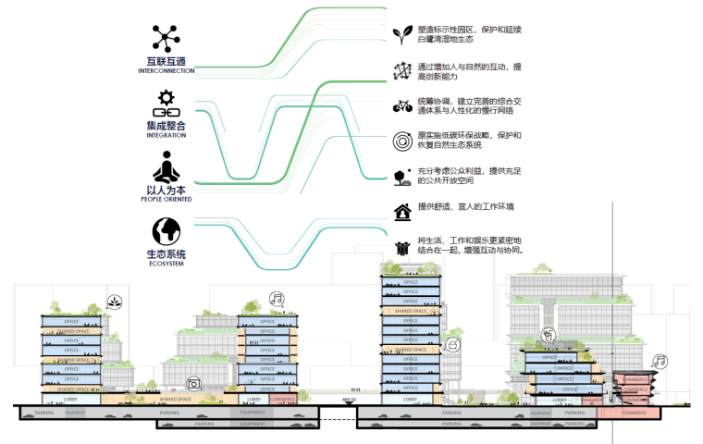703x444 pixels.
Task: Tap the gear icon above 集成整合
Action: (166, 100)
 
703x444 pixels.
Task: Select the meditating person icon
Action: (166, 168)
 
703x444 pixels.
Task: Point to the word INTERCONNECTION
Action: (166, 71)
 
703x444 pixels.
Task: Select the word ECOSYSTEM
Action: (166, 265)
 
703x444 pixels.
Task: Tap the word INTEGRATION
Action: (166, 135)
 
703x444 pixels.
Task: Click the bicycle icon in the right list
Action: (401, 105)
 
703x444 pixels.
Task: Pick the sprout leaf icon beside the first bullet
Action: (401, 35)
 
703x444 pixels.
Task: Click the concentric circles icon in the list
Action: (401, 142)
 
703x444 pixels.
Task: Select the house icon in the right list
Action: (401, 212)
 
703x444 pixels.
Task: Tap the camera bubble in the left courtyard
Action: (193, 383)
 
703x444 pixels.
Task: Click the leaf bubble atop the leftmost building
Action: (112, 302)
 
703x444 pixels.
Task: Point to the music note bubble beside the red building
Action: (659, 362)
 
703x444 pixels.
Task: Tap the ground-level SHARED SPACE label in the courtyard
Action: (175, 400)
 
